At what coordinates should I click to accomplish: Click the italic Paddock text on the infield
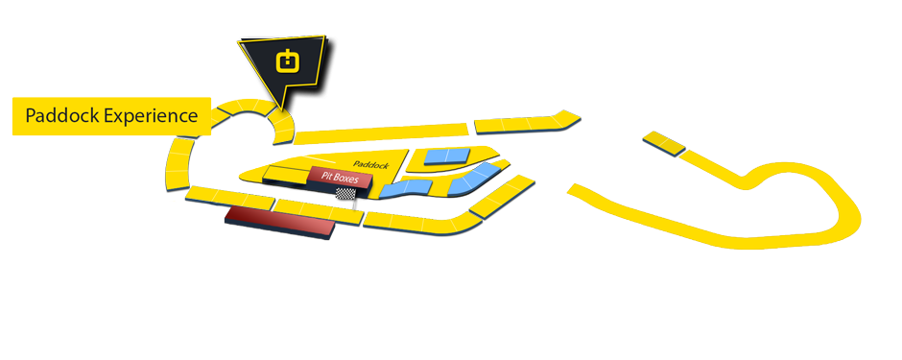point(369,165)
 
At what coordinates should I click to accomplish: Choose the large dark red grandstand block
point(279,222)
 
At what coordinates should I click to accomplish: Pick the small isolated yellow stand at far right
point(666,144)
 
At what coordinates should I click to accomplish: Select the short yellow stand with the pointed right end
point(527,122)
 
